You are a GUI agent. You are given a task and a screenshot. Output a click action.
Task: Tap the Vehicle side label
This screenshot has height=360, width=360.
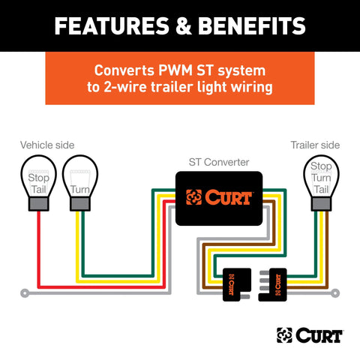pyautogui.click(x=46, y=145)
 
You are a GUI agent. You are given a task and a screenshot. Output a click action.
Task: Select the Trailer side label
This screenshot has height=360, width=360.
pyautogui.click(x=315, y=145)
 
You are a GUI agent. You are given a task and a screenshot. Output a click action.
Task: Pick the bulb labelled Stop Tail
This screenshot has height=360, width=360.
pyautogui.click(x=39, y=179)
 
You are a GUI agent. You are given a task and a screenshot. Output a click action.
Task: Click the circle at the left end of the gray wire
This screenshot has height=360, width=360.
pyautogui.click(x=25, y=291)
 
